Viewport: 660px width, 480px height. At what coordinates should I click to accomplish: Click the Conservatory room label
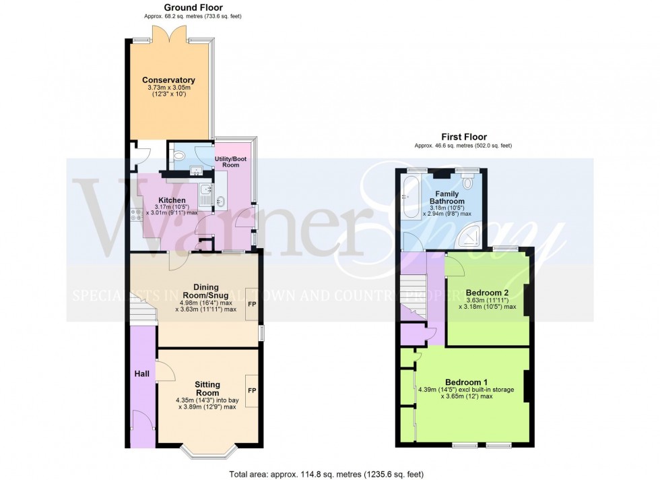coord(169,80)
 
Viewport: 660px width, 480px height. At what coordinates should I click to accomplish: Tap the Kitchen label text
coord(172,200)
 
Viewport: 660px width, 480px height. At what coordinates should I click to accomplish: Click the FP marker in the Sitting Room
coord(251,390)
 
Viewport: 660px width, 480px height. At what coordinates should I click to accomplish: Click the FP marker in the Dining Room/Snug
coord(251,304)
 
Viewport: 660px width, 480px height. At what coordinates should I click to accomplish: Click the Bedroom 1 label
coord(466,382)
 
